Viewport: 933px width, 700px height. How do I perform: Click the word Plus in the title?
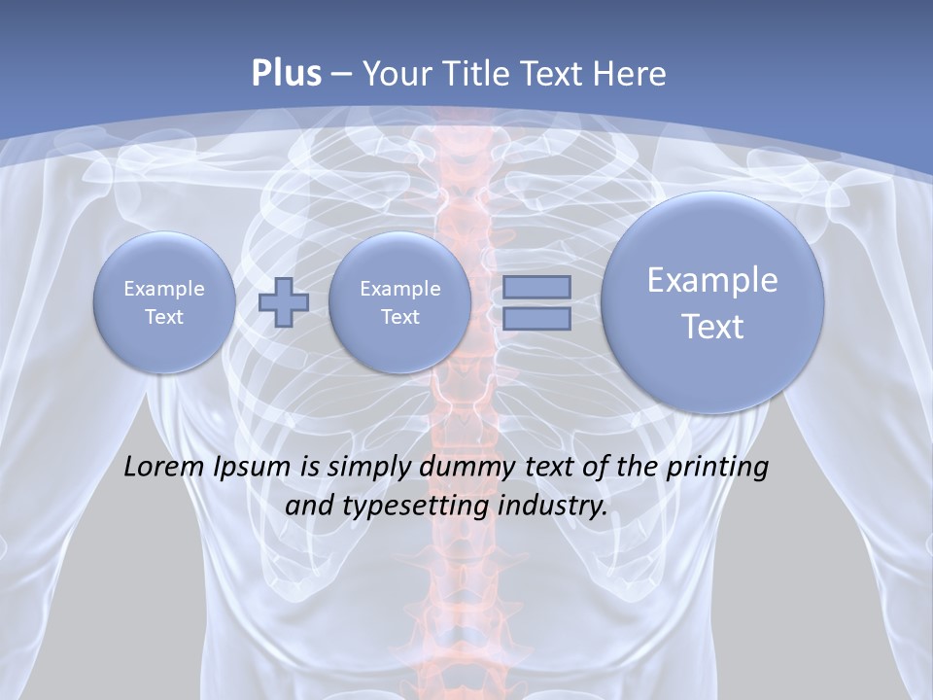pos(286,74)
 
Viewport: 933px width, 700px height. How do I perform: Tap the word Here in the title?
pos(633,74)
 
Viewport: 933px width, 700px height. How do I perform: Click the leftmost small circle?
pos(164,302)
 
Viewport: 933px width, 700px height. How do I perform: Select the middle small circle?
pos(399,302)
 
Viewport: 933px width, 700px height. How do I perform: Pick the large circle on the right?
pos(712,302)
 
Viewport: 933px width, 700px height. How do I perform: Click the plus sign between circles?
pos(284,302)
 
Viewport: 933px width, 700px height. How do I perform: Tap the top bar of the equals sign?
pos(536,287)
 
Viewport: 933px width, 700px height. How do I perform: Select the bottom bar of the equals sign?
pos(536,318)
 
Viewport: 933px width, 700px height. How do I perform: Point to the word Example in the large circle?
pos(712,280)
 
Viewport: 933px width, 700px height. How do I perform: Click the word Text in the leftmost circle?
pos(164,317)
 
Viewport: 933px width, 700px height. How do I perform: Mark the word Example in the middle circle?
pos(399,289)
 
